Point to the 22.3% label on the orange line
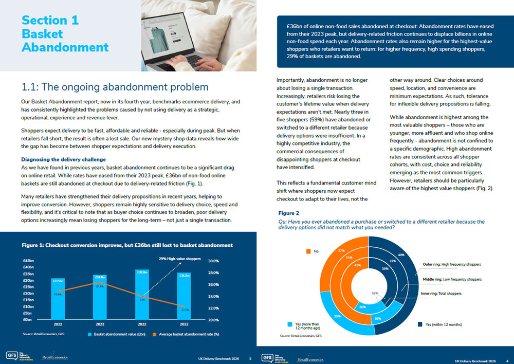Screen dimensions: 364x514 coord(186,310)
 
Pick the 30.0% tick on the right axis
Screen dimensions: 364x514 coord(214,261)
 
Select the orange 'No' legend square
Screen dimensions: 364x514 coord(308,251)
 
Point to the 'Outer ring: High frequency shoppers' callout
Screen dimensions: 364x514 coord(451,264)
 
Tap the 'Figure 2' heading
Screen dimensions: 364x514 coord(288,213)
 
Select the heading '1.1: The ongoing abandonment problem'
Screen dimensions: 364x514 coord(116,87)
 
